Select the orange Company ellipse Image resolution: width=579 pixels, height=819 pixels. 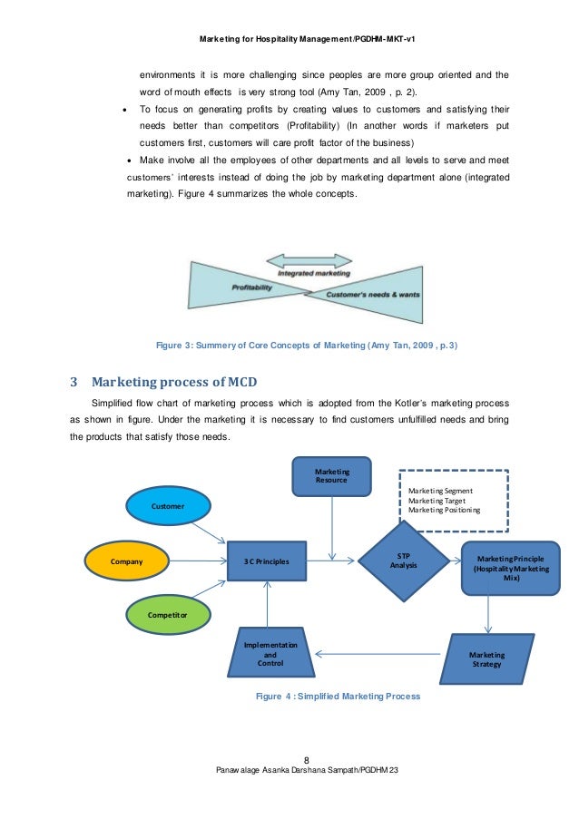tap(126, 561)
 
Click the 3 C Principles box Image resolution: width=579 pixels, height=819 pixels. tap(266, 561)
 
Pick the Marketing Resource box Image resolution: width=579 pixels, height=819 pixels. tap(331, 476)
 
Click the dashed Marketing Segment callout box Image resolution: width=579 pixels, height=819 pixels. tap(454, 500)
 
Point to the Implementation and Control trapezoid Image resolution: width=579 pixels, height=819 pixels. tap(270, 654)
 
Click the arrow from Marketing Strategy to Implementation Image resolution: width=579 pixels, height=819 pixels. tap(381, 653)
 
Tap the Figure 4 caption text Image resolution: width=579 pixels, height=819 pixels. tap(338, 696)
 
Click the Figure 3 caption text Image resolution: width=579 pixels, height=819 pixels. tap(307, 345)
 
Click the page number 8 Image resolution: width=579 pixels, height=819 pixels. tap(307, 760)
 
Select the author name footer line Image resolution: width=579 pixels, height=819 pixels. tap(307, 770)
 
